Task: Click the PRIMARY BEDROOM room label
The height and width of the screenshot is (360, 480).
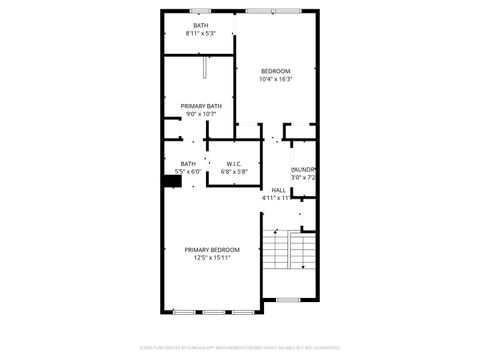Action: point(212,249)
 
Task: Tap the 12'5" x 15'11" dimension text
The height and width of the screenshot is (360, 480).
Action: point(212,258)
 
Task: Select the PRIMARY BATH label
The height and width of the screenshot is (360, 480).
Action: point(201,105)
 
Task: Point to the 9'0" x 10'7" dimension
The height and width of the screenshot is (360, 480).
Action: point(201,114)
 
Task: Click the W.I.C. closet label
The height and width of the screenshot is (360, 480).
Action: point(234,164)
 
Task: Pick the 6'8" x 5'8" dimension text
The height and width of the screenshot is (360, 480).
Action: point(234,172)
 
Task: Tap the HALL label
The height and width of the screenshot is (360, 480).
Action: point(278,189)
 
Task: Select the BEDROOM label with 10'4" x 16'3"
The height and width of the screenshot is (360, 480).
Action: point(275,71)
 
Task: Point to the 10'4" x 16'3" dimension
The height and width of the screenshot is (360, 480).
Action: point(275,80)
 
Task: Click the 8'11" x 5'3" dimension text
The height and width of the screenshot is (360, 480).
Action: point(201,34)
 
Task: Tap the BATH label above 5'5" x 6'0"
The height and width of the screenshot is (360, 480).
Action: point(188,164)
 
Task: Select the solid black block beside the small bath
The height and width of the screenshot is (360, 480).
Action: point(170,182)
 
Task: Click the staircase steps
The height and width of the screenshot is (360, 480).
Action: point(288,251)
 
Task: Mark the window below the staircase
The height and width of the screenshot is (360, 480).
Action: point(288,300)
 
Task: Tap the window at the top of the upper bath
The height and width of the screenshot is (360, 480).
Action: point(202,11)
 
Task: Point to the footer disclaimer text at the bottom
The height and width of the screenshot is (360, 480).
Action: point(240,348)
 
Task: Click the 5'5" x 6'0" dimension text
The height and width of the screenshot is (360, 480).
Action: point(188,172)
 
